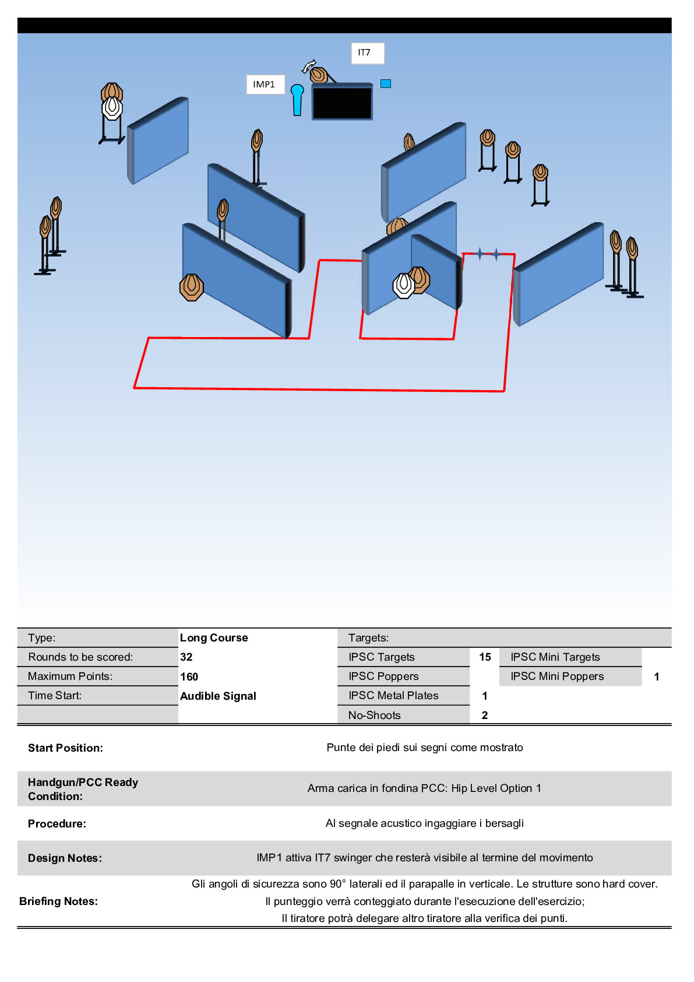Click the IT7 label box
pyautogui.click(x=368, y=53)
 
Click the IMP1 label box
pyautogui.click(x=266, y=84)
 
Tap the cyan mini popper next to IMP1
pyautogui.click(x=297, y=100)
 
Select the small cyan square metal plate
pyautogui.click(x=386, y=83)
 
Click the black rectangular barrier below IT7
pyautogui.click(x=342, y=101)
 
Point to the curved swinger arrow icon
pyautogui.click(x=308, y=66)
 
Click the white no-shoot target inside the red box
pyautogui.click(x=403, y=285)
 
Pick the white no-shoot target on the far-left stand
pyautogui.click(x=112, y=108)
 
